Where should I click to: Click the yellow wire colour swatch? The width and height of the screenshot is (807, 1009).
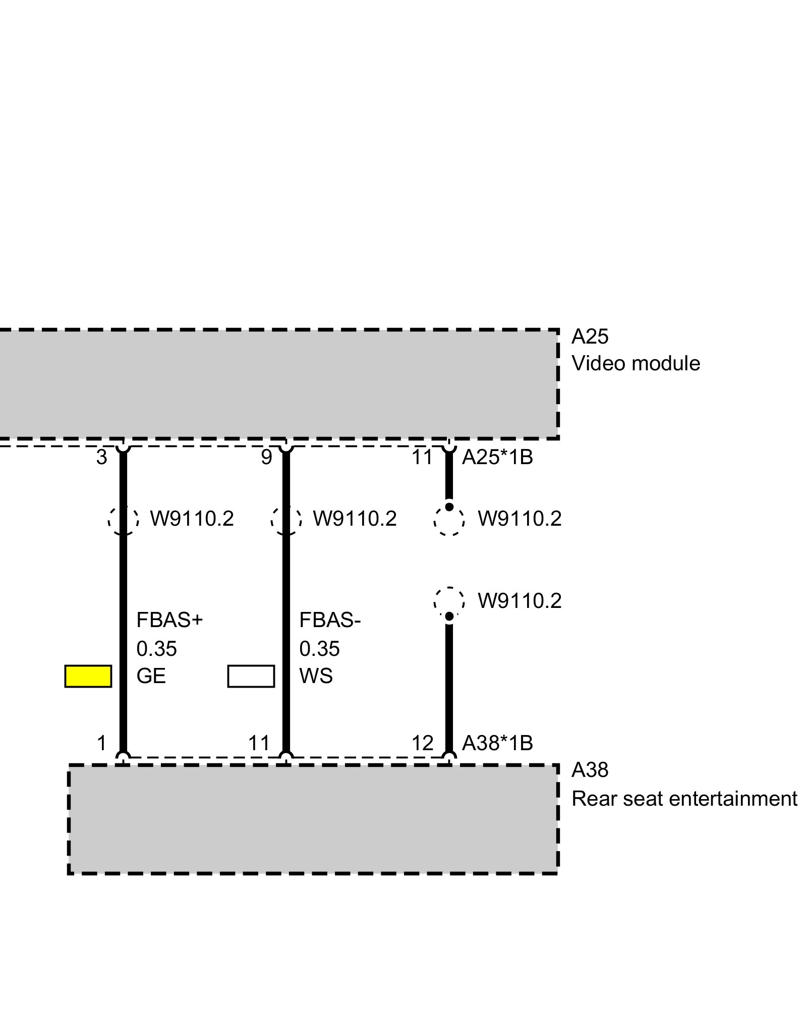(x=88, y=676)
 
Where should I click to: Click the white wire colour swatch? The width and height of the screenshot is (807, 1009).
(x=251, y=676)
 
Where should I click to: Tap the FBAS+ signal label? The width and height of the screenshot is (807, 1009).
(x=169, y=620)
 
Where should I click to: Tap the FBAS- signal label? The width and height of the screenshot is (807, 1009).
(x=330, y=620)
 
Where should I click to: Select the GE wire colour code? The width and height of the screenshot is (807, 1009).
(x=151, y=676)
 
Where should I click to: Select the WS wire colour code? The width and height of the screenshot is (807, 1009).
(x=316, y=676)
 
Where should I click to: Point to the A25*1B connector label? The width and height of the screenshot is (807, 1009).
(x=497, y=458)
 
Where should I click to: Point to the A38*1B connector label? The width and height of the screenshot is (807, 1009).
(x=497, y=743)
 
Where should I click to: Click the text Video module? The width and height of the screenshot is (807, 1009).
(x=636, y=363)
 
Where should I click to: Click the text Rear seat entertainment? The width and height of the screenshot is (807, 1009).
(x=684, y=799)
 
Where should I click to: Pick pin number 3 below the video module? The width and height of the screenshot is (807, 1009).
(x=102, y=458)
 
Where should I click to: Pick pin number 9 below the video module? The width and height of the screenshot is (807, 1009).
(x=266, y=458)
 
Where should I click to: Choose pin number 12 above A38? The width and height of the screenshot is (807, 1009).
(x=423, y=743)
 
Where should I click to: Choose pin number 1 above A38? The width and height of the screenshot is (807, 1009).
(x=102, y=743)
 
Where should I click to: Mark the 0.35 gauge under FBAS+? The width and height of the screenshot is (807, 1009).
(x=156, y=649)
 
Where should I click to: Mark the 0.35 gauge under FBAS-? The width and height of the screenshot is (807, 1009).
(x=319, y=649)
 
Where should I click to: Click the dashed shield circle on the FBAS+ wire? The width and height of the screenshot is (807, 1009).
(x=123, y=520)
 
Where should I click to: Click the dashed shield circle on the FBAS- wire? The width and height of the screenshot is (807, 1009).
(x=286, y=520)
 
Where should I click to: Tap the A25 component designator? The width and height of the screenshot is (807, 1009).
(x=590, y=337)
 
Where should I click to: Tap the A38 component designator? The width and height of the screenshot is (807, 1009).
(x=590, y=770)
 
